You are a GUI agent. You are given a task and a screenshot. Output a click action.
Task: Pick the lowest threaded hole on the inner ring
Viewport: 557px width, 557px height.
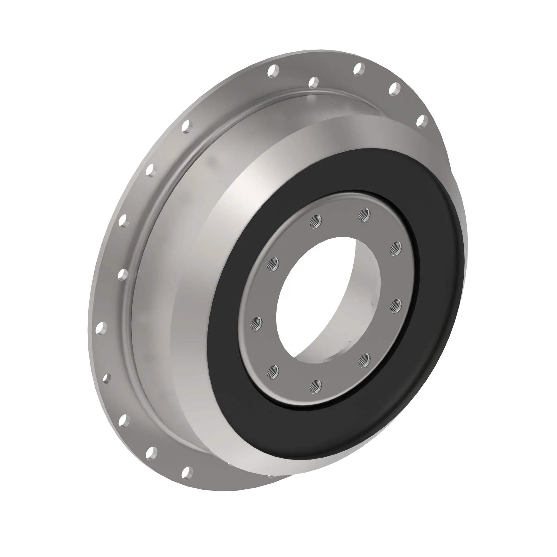(x=317, y=385)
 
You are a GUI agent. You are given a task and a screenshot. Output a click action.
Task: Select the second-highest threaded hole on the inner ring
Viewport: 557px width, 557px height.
(x=316, y=222)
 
